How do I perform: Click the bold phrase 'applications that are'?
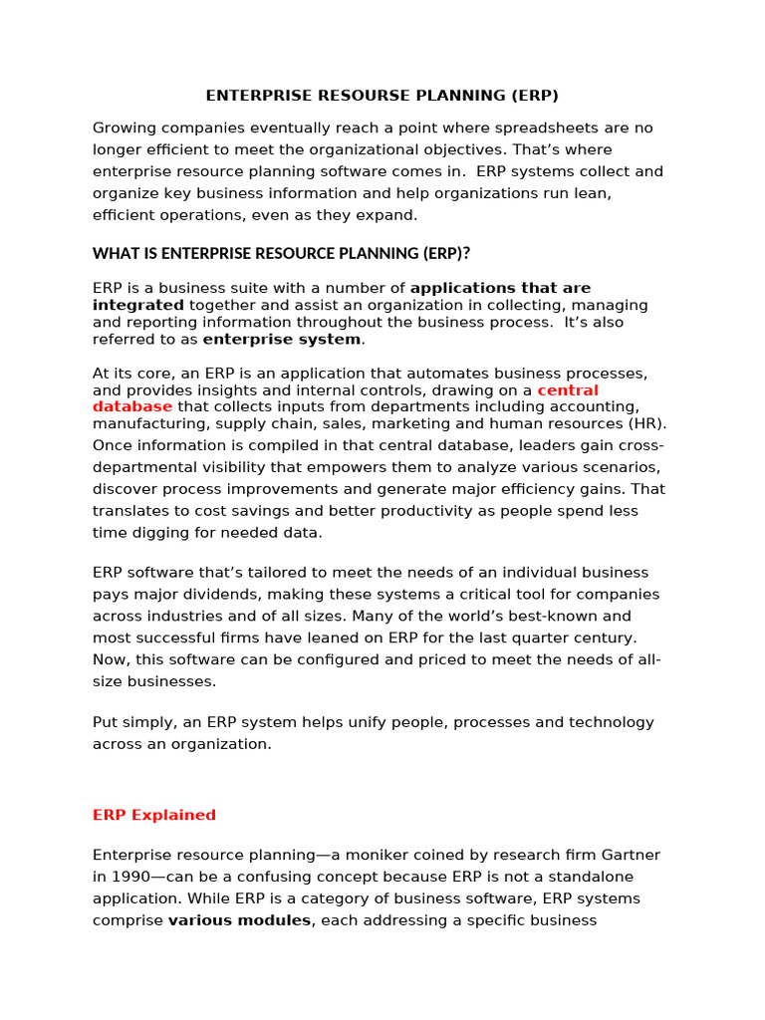500,289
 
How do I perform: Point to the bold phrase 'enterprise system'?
282,340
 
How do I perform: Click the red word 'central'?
568,390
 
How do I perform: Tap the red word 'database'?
132,406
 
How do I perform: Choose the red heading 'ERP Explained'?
154,815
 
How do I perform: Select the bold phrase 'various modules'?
239,920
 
